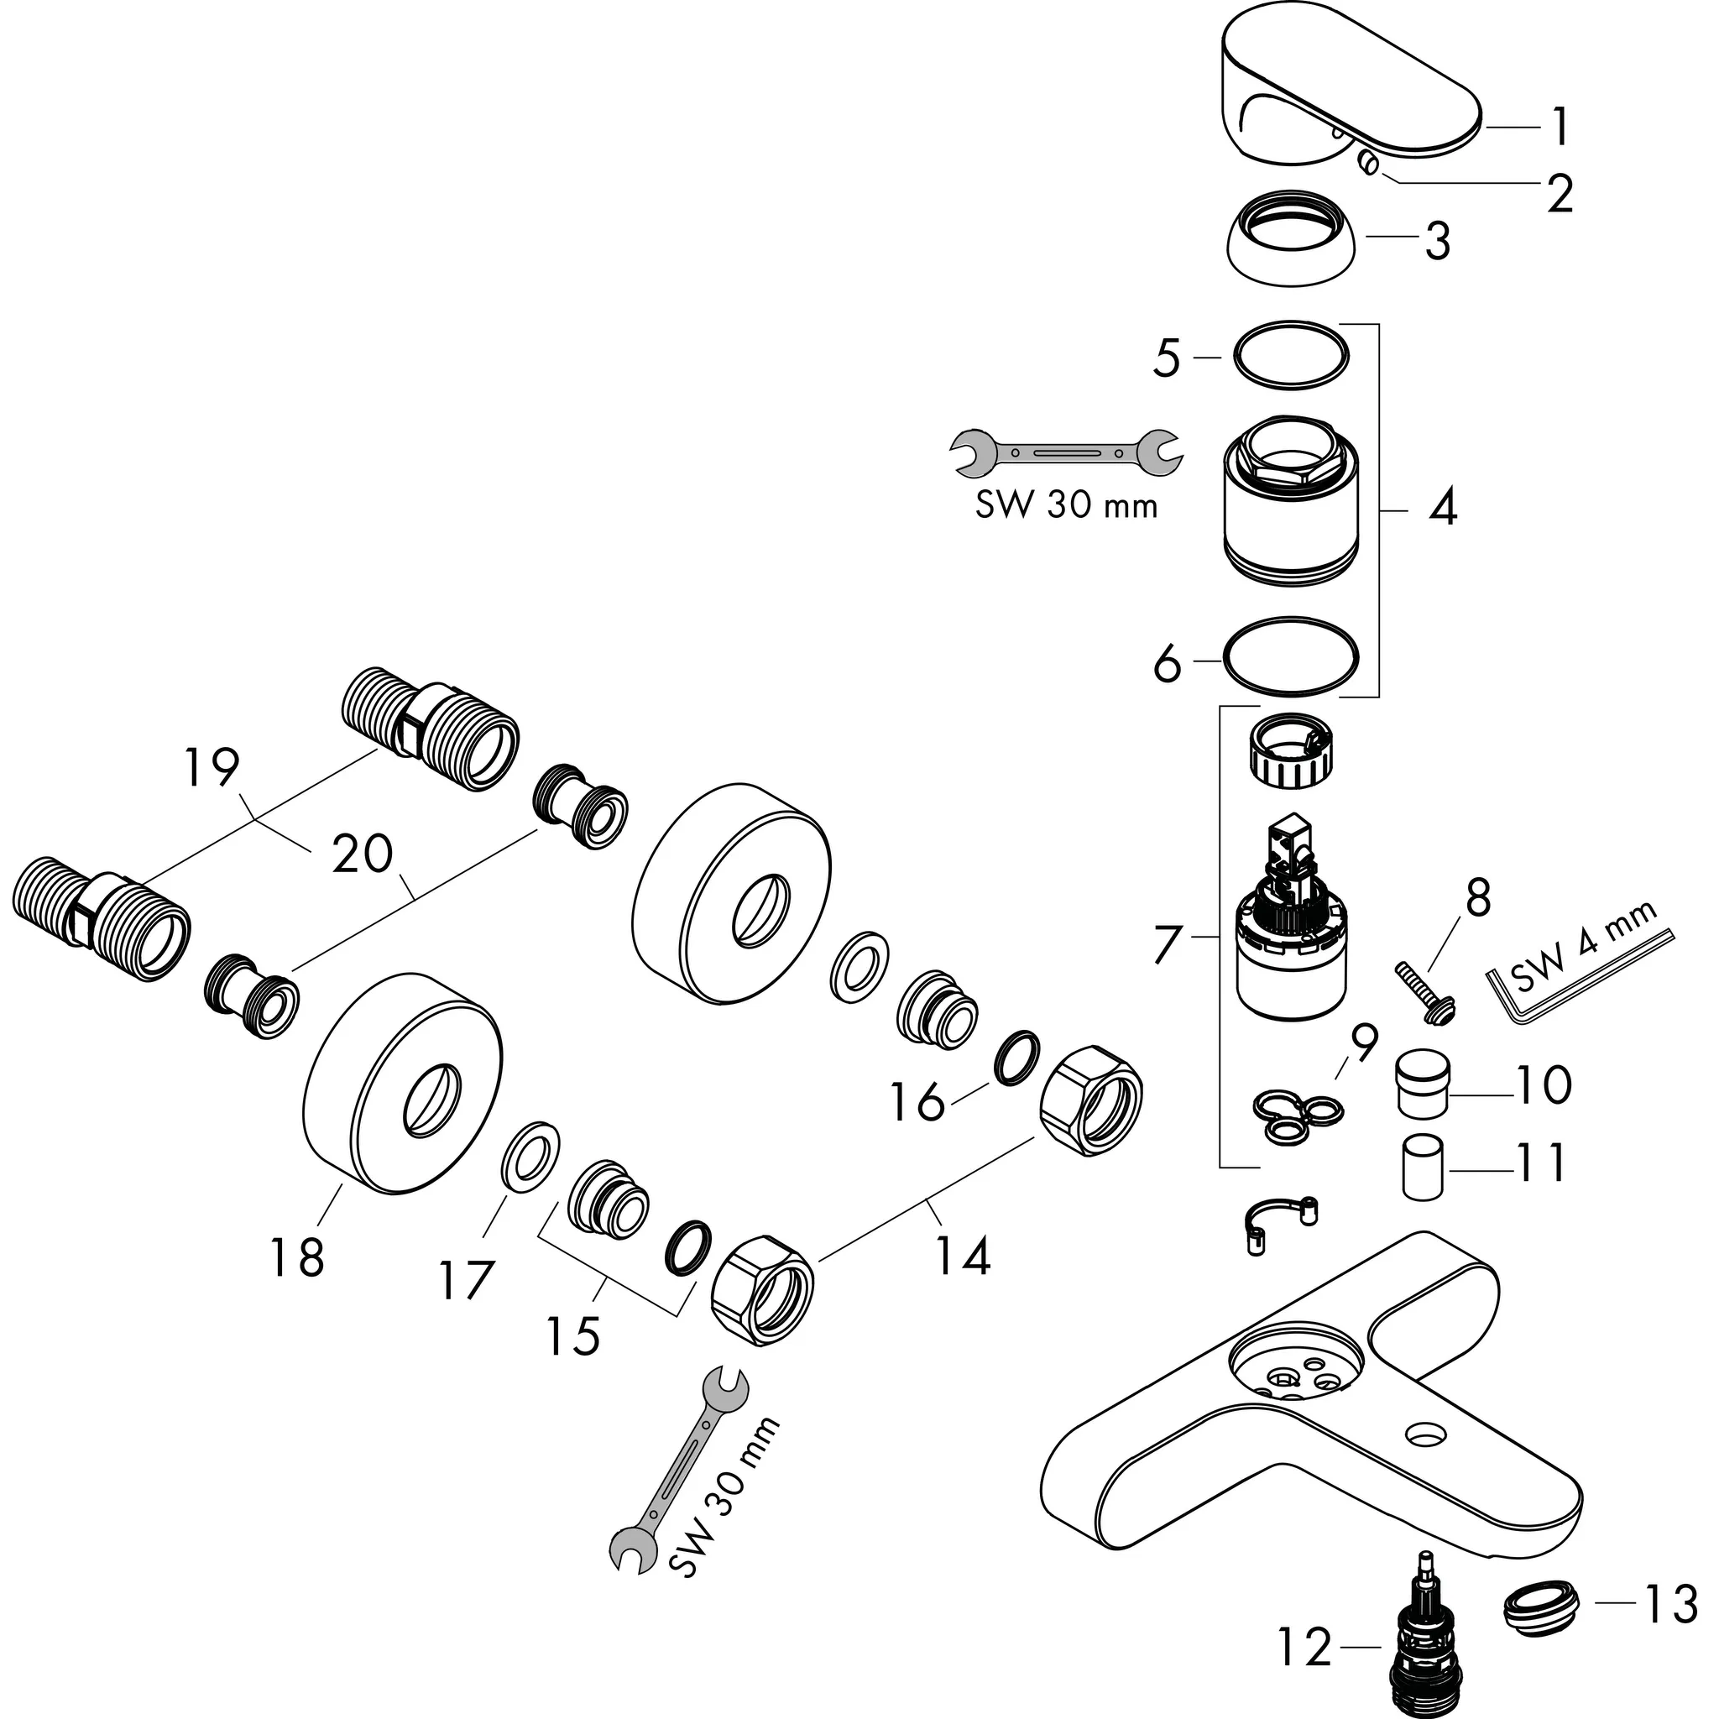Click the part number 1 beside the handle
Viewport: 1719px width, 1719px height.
[x=1559, y=128]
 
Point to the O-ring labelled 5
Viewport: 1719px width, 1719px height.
[x=1291, y=355]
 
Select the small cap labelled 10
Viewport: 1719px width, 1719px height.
[x=1423, y=1082]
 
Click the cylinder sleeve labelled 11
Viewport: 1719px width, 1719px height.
[x=1423, y=1166]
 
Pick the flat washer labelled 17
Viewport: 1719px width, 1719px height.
[x=531, y=1154]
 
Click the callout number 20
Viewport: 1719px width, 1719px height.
[x=362, y=854]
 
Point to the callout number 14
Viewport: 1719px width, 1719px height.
[x=963, y=1257]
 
